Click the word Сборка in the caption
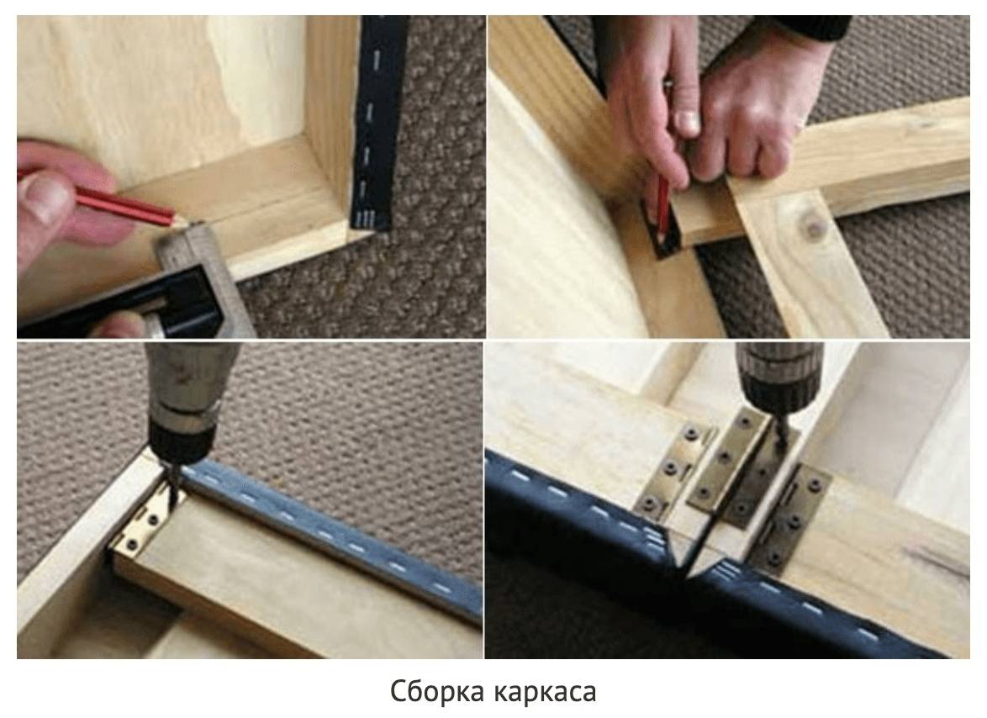tap(437, 691)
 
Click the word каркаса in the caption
tap(545, 692)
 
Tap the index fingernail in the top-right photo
tap(686, 124)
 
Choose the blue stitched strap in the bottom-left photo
tap(334, 535)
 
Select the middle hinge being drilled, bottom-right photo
tap(742, 466)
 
